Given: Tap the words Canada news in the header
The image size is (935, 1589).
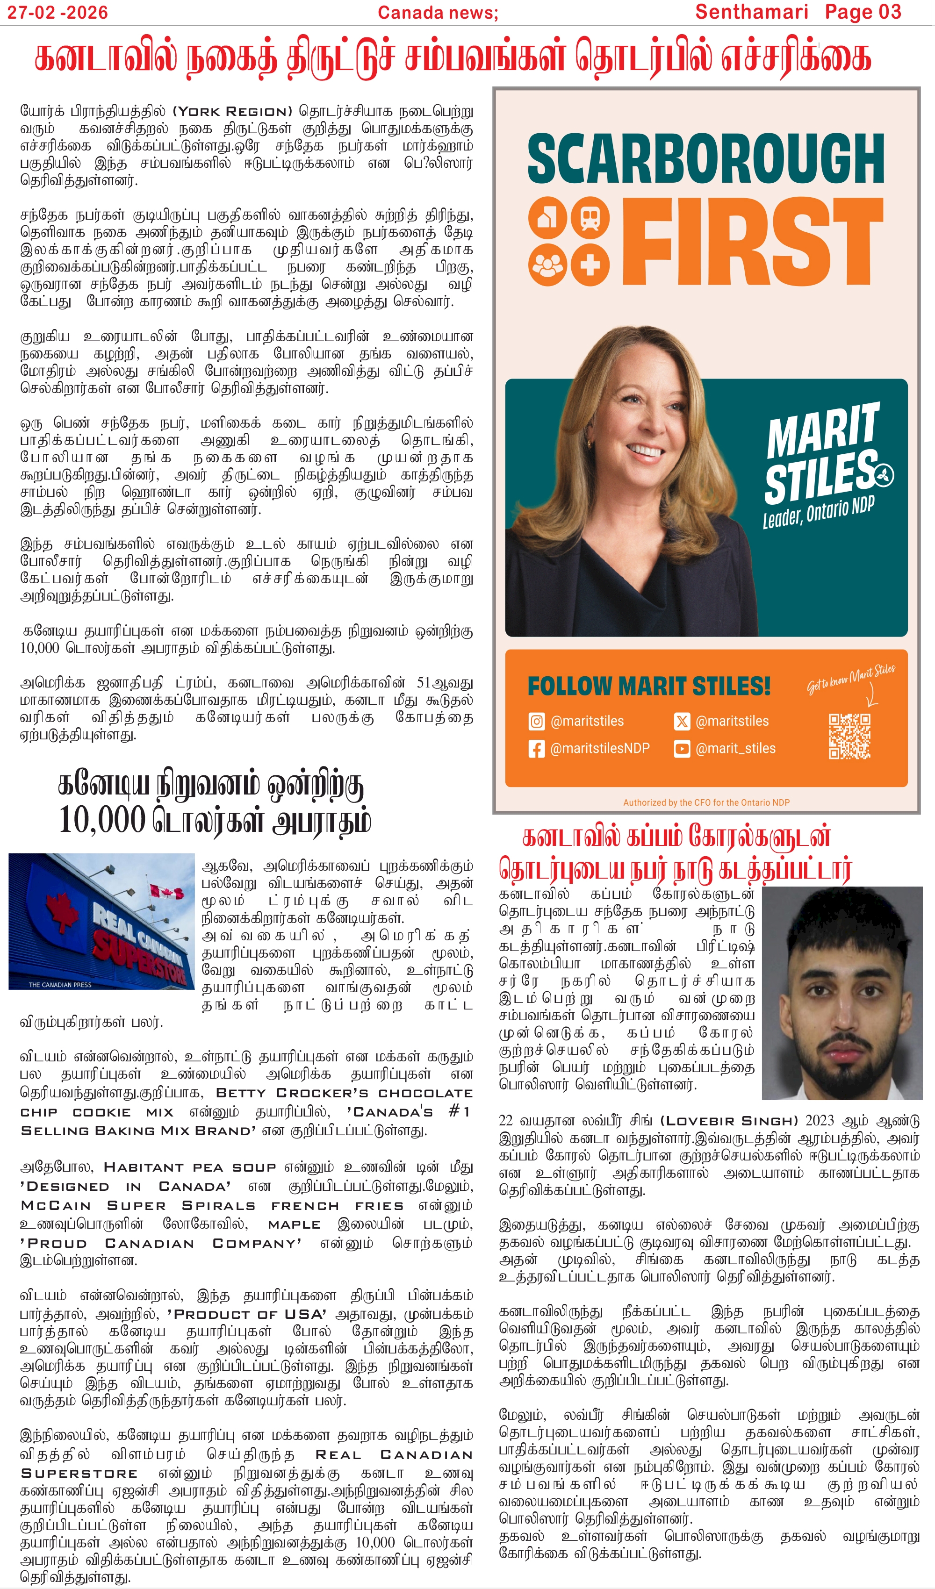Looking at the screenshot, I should (438, 12).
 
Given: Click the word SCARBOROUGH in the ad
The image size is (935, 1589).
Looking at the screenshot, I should (705, 159).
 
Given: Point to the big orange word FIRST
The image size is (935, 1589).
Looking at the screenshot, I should (753, 242).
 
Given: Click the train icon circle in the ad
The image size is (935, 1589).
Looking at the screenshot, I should (590, 217).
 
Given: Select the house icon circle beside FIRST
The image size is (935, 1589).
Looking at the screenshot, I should (547, 217).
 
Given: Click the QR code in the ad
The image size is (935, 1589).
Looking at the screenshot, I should (849, 736).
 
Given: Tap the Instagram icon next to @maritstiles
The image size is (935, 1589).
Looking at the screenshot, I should (536, 721).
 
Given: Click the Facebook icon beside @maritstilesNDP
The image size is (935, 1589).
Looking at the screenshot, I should (536, 749).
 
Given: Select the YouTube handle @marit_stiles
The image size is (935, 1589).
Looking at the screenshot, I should (735, 749).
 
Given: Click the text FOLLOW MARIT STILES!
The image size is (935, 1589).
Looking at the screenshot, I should (648, 686).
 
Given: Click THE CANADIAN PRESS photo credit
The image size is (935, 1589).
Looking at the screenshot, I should (60, 984).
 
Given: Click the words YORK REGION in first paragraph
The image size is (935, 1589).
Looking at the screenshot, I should (233, 112).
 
